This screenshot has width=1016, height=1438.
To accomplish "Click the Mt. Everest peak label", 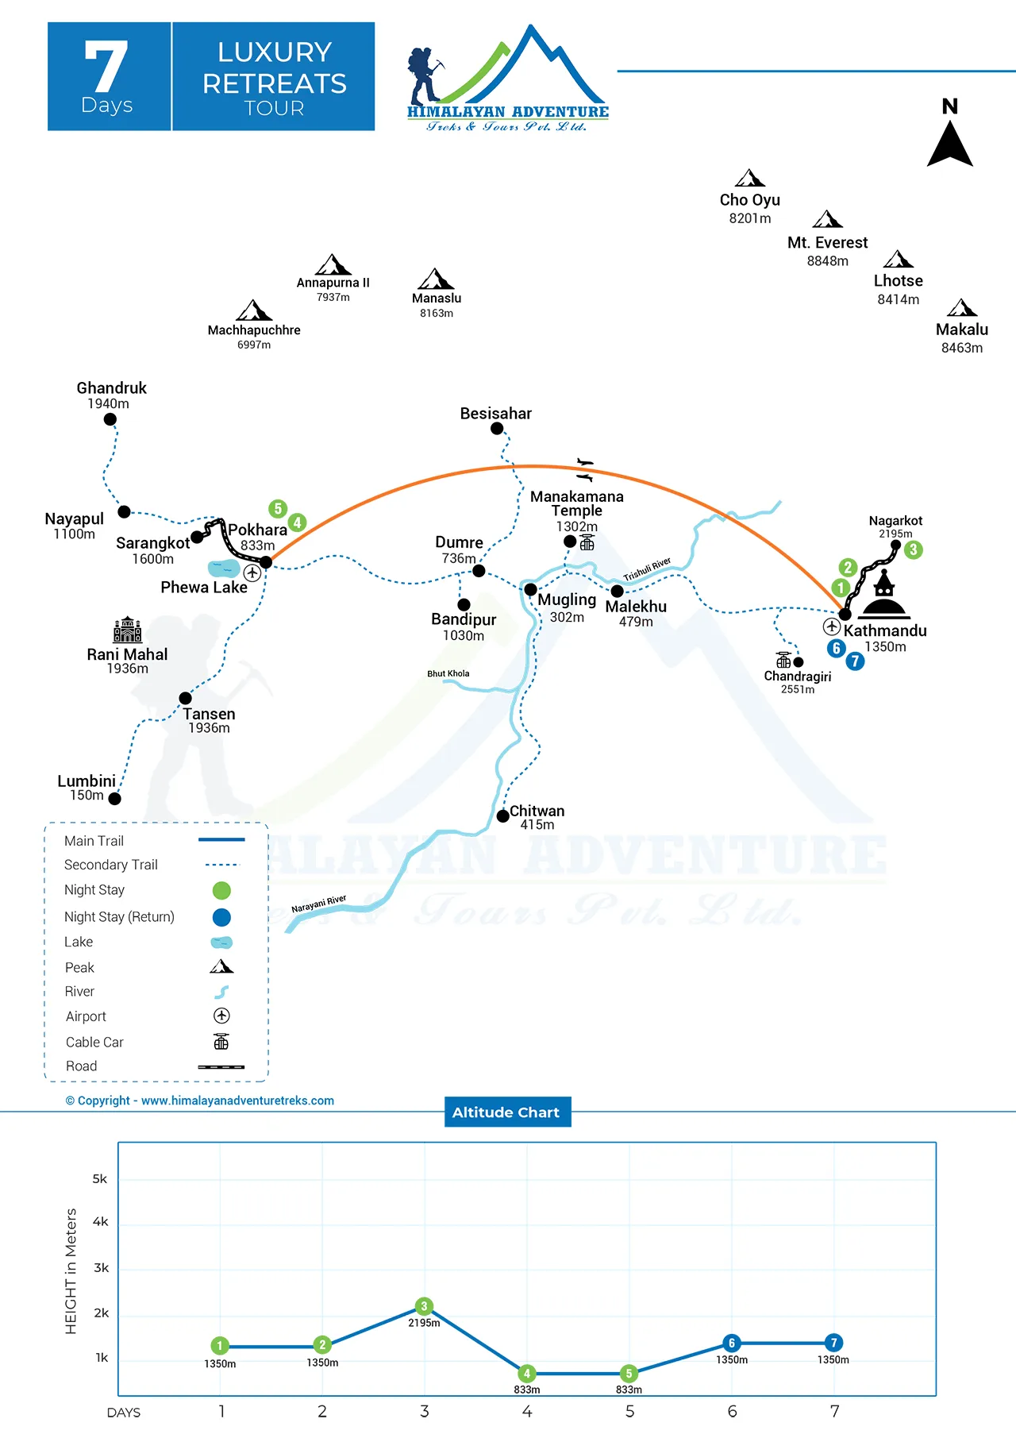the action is (828, 243).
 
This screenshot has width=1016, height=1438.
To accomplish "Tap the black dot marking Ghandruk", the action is (110, 419).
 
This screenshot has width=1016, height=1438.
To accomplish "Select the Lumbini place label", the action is (87, 781).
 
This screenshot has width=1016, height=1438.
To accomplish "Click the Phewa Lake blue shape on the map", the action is (224, 569).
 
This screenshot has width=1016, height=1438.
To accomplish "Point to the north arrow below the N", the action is (950, 143).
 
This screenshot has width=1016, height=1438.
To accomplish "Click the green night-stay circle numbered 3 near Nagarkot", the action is (914, 549).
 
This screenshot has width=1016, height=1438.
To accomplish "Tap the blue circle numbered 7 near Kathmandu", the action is (855, 661).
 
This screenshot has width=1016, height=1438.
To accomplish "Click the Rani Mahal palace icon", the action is (127, 630).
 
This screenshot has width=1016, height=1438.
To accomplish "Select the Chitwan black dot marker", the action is (502, 816).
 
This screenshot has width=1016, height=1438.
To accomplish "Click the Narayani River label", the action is (319, 904).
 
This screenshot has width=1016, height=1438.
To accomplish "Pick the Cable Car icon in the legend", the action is (221, 1041).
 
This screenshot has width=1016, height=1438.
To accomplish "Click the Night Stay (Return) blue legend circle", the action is (221, 917).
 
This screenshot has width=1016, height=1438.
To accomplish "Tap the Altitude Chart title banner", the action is (506, 1112).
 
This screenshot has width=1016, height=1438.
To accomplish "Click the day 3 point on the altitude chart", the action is (424, 1306).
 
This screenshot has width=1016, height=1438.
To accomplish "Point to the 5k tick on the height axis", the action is (100, 1179).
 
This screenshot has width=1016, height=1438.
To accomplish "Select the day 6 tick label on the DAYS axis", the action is (732, 1411).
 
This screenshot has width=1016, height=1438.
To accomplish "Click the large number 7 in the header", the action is (106, 67).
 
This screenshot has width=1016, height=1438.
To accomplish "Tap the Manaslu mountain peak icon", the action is (436, 279).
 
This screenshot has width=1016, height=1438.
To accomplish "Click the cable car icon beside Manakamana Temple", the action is (587, 542).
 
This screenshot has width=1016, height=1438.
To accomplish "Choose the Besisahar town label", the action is (496, 414).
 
